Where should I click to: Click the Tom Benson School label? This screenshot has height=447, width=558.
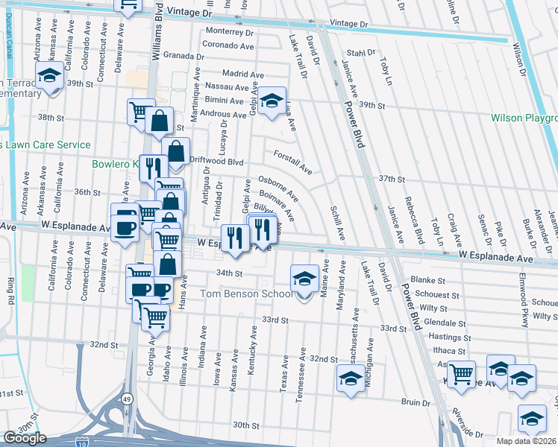[x=249, y=294]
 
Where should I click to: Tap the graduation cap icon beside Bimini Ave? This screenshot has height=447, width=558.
[x=272, y=99]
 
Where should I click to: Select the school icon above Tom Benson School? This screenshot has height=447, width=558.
[x=304, y=279]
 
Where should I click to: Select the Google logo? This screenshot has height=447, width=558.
[x=25, y=438]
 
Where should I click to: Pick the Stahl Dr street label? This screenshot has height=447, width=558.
[x=360, y=53]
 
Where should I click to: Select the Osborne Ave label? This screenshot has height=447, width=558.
[x=278, y=188]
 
